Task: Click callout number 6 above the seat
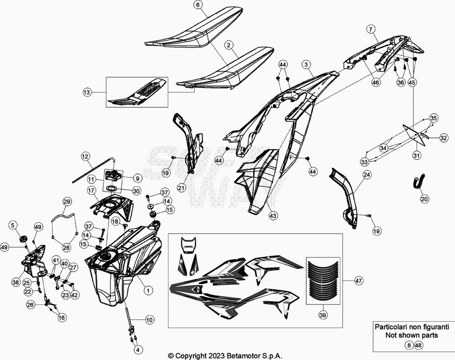pyautogui.click(x=198, y=5)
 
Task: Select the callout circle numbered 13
pyautogui.click(x=87, y=92)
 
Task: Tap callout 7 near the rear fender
pyautogui.click(x=370, y=29)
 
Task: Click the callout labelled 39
pyautogui.click(x=323, y=315)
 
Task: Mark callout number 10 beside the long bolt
pyautogui.click(x=149, y=319)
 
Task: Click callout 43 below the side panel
pyautogui.click(x=273, y=216)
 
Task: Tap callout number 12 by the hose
pyautogui.click(x=85, y=156)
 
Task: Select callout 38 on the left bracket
pyautogui.click(x=16, y=282)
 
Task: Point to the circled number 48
pyautogui.click(x=419, y=345)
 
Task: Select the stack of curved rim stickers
pyautogui.click(x=323, y=282)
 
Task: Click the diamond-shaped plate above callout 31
pyautogui.click(x=412, y=132)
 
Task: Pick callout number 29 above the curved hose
pyautogui.click(x=67, y=202)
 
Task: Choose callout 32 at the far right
pyautogui.click(x=443, y=138)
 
